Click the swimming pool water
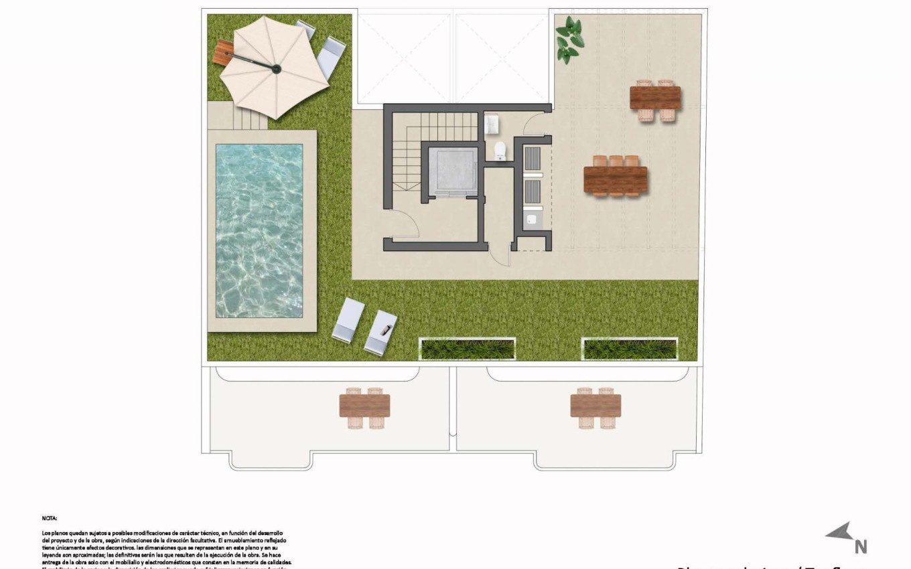[x=259, y=230]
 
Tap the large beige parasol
[x=274, y=67]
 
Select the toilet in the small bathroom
[x=500, y=151]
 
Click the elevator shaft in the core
[x=453, y=171]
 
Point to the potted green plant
[x=569, y=40]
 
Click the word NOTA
[x=50, y=518]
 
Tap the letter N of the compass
[x=861, y=547]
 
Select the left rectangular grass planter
[x=467, y=349]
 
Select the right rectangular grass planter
[x=630, y=349]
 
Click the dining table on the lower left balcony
[x=364, y=406]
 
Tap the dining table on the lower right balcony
[x=595, y=406]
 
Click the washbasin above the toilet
[x=493, y=124]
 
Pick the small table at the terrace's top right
[x=655, y=98]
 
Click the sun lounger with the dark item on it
[x=381, y=331]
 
